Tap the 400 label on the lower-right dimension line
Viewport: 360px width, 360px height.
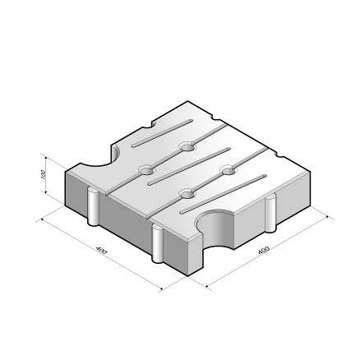point(264,249)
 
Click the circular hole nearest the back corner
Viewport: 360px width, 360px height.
point(187,148)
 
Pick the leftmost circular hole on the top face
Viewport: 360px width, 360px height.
point(146,170)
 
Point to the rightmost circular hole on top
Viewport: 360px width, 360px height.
point(228,171)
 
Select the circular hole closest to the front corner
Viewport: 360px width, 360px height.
point(187,194)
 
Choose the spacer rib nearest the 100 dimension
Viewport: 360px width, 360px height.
point(94,207)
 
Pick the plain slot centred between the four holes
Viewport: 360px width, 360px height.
point(187,170)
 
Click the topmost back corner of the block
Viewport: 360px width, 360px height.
point(191,102)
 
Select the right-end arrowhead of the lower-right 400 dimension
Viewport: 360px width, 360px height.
point(328,217)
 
